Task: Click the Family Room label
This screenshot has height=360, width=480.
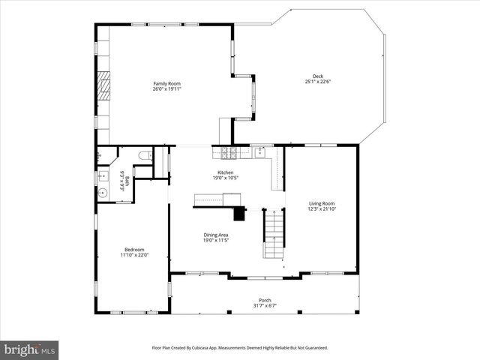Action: pyautogui.click(x=167, y=83)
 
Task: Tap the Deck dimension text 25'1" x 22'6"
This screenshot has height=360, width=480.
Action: pyautogui.click(x=318, y=82)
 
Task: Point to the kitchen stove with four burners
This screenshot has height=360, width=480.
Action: pyautogui.click(x=229, y=153)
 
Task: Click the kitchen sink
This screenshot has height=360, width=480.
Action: pyautogui.click(x=260, y=152)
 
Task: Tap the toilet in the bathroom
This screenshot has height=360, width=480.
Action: pyautogui.click(x=145, y=156)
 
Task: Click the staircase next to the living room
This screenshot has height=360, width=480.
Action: pyautogui.click(x=274, y=234)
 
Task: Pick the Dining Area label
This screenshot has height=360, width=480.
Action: pyautogui.click(x=216, y=235)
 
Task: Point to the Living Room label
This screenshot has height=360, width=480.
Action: pyautogui.click(x=322, y=203)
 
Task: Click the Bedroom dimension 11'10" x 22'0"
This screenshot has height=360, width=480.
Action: pyautogui.click(x=134, y=255)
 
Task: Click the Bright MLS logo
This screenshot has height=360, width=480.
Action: pyautogui.click(x=30, y=349)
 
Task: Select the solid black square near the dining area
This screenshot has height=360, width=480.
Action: pyautogui.click(x=240, y=214)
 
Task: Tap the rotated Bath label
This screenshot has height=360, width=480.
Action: pyautogui.click(x=127, y=180)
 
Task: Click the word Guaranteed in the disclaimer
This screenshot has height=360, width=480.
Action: pyautogui.click(x=313, y=348)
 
